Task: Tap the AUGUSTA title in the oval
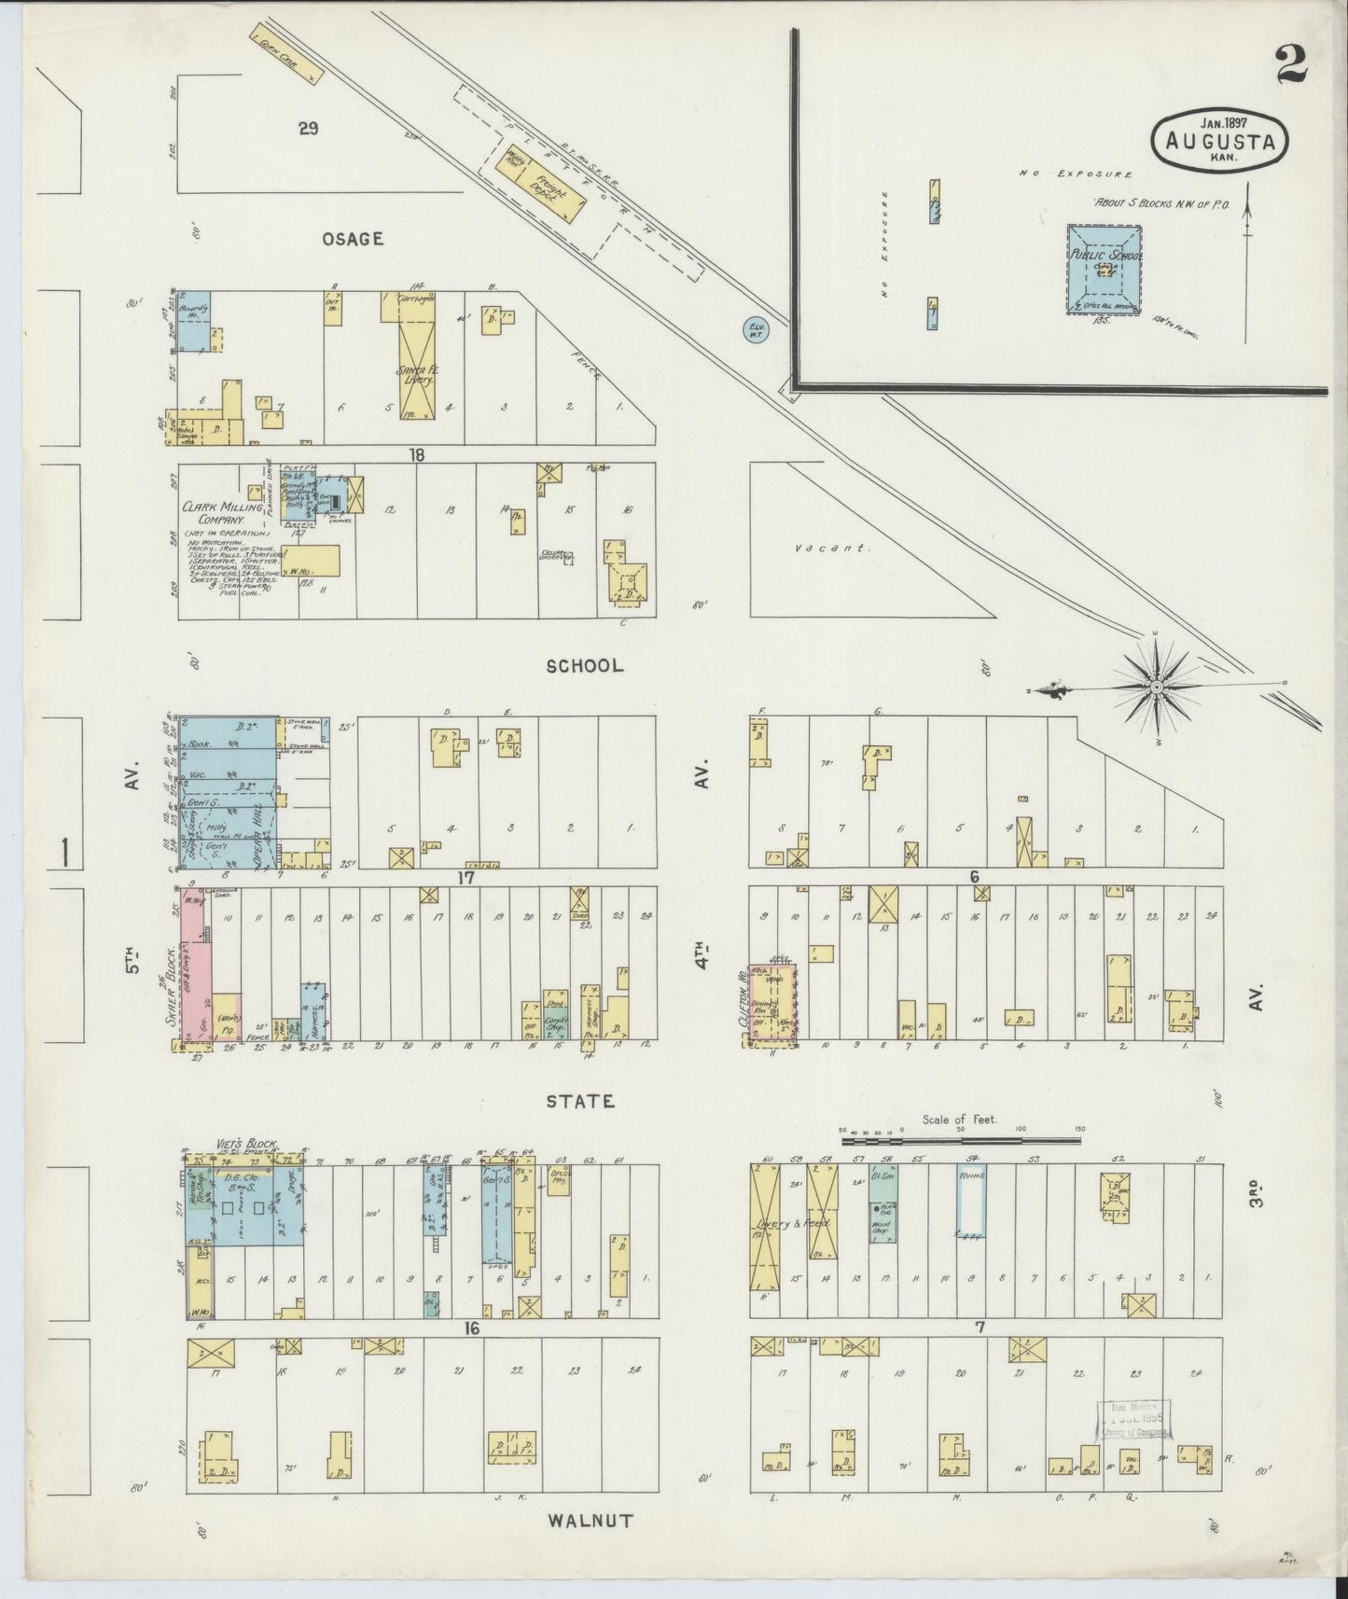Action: click(x=1226, y=142)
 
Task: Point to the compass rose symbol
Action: click(x=1156, y=687)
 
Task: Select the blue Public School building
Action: click(x=1106, y=268)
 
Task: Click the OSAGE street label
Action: click(x=353, y=239)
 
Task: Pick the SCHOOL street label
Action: click(x=584, y=665)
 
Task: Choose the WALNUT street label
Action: click(x=590, y=1521)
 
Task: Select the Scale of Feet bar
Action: click(x=960, y=1139)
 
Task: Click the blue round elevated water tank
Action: click(x=756, y=330)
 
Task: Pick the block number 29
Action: click(x=308, y=129)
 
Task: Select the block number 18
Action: click(x=416, y=454)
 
